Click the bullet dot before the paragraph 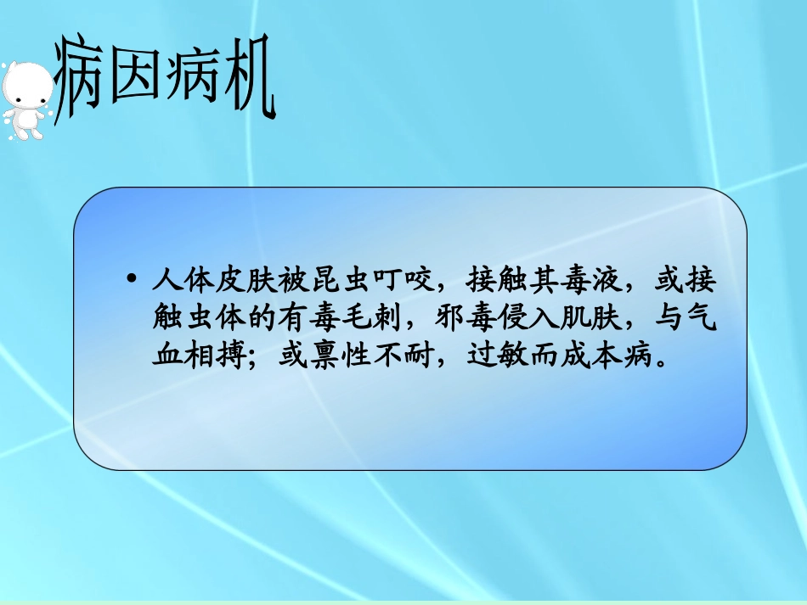[131, 279]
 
